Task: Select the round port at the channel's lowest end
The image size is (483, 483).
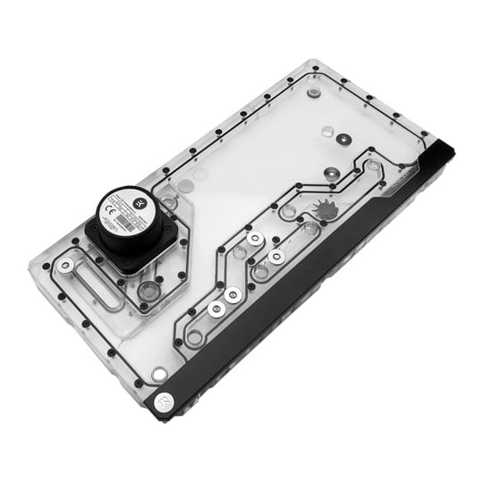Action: (194, 337)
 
